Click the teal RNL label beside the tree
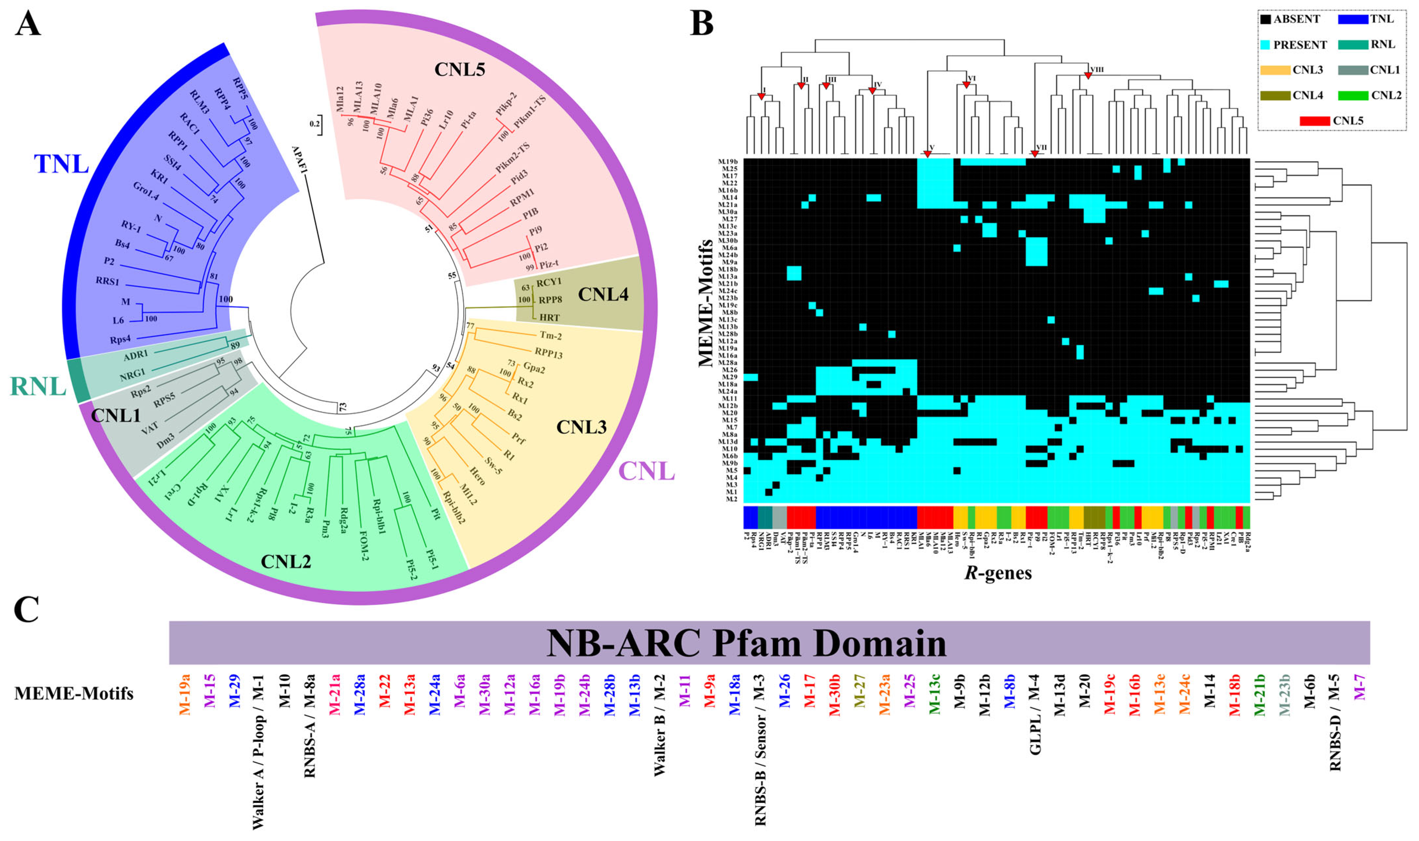tap(38, 387)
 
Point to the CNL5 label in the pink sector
tap(459, 69)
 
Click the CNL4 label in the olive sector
tap(603, 294)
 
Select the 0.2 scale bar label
tap(314, 124)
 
